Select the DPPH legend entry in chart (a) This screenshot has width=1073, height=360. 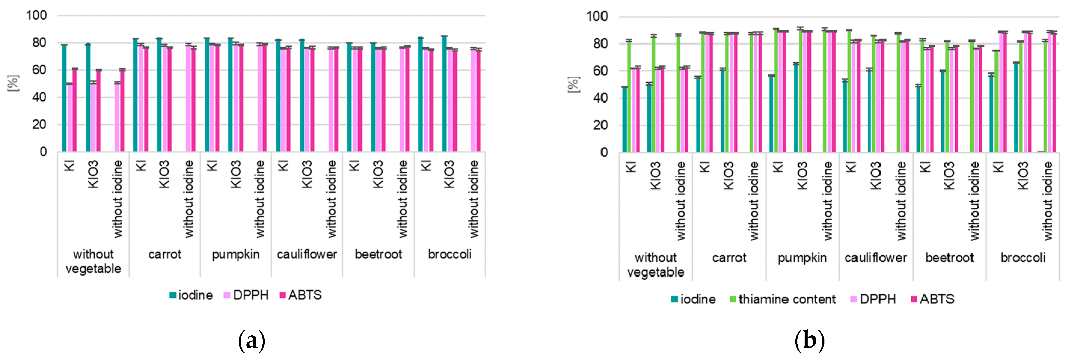coord(246,295)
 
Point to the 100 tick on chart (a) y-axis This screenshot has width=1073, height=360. coord(37,15)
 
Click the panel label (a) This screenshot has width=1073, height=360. coord(251,340)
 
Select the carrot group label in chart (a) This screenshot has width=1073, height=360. coord(164,254)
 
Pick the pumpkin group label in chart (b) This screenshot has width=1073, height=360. coord(802,258)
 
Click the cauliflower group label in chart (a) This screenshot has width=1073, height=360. coord(307,254)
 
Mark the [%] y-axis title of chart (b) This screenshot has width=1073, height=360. coord(573,84)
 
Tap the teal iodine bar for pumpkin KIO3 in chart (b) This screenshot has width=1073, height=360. coord(796,108)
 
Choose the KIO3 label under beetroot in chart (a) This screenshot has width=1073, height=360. coord(378,174)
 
